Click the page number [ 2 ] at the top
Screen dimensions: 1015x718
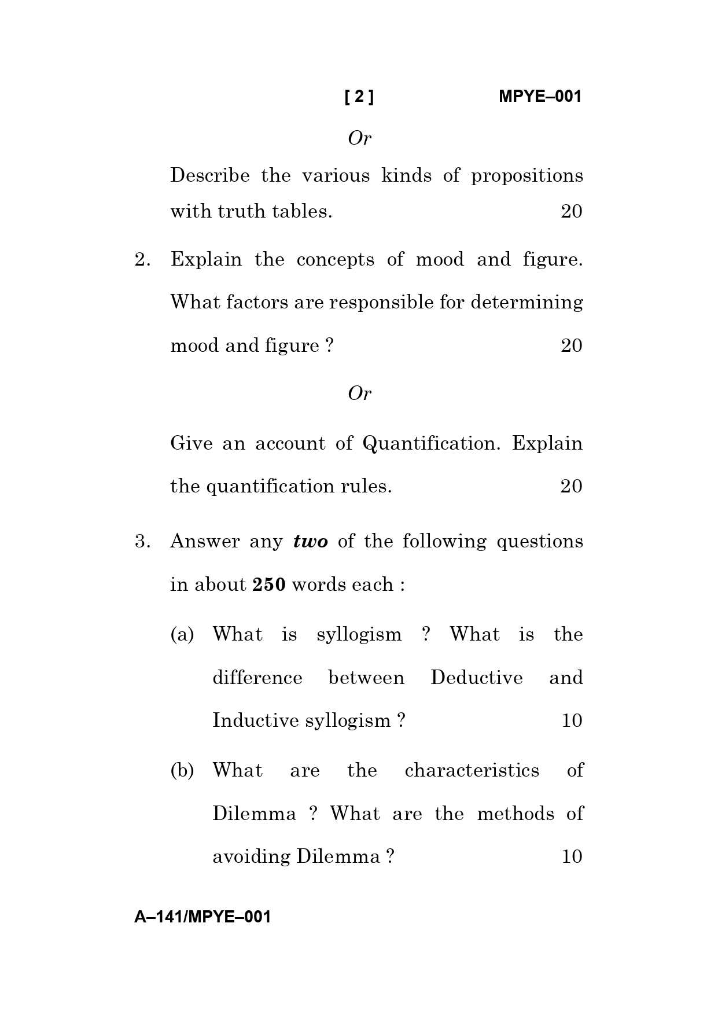click(x=359, y=97)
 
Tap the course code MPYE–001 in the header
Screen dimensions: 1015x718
click(x=539, y=97)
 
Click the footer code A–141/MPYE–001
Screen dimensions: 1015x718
click(x=202, y=917)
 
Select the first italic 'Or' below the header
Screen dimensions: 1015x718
click(x=359, y=138)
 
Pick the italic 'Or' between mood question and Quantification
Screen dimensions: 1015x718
click(x=359, y=394)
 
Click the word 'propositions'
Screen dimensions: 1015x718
click(x=526, y=176)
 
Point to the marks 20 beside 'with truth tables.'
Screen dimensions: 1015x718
click(x=571, y=211)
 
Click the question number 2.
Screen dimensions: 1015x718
click(x=142, y=259)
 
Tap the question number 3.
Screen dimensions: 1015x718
click(x=142, y=542)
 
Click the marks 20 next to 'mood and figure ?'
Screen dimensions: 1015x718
click(x=571, y=345)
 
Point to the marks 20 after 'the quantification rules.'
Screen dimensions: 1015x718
click(x=571, y=486)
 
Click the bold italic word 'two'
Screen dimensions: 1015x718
click(x=311, y=542)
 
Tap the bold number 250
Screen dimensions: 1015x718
click(x=269, y=585)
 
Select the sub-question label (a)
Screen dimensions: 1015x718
click(x=182, y=635)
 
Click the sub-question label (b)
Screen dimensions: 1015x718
click(x=182, y=771)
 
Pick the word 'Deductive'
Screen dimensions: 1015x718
click(x=476, y=678)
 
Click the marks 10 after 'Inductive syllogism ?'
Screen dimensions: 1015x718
click(x=571, y=721)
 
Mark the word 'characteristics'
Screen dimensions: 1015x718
click(x=472, y=771)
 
